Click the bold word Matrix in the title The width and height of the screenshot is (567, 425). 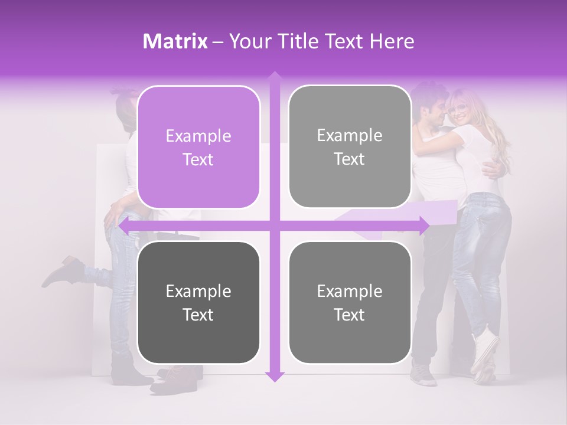click(x=175, y=41)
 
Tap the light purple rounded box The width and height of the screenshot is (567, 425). click(x=198, y=147)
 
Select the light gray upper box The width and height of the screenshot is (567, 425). click(x=350, y=146)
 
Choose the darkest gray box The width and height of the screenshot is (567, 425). click(x=198, y=302)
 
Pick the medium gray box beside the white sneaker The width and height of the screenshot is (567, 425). click(x=350, y=302)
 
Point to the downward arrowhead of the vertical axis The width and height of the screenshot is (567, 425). click(x=274, y=376)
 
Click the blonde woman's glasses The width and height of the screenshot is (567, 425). click(x=456, y=109)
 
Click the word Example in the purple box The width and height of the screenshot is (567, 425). click(x=198, y=136)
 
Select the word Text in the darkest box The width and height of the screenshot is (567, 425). click(x=198, y=315)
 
